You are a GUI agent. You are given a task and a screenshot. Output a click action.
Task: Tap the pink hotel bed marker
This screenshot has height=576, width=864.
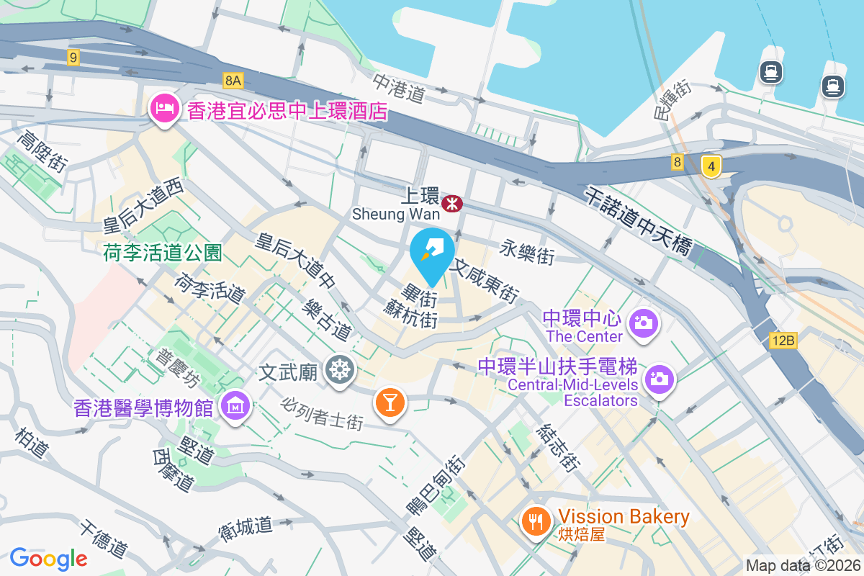pos(164,110)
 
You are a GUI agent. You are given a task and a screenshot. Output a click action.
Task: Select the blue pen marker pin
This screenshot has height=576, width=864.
pos(432,253)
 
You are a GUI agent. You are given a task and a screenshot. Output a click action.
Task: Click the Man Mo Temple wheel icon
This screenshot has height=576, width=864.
pos(339,370)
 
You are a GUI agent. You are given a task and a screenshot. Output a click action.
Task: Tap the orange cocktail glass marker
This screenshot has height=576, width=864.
pos(390,402)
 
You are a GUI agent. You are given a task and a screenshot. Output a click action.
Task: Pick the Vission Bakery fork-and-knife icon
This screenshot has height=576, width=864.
pos(535,520)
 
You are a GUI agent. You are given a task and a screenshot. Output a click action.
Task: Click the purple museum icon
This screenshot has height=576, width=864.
pos(235,407)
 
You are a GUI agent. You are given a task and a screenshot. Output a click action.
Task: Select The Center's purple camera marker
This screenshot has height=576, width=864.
pos(642,323)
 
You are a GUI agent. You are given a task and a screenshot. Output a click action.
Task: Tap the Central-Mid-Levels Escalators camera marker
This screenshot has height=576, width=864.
pos(658,378)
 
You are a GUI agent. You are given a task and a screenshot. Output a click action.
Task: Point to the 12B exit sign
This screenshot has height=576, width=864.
pos(782,341)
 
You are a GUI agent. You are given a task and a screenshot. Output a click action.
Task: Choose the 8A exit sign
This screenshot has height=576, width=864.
pos(233,81)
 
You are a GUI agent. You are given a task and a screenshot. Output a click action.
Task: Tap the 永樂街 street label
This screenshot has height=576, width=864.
pos(527,252)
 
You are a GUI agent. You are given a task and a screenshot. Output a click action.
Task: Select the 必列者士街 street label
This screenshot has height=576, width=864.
pos(323,413)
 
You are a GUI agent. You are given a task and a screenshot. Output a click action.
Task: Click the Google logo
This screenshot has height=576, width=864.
pos(48,558)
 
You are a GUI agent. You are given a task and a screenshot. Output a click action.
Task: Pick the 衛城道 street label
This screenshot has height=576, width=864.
pos(246,529)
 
